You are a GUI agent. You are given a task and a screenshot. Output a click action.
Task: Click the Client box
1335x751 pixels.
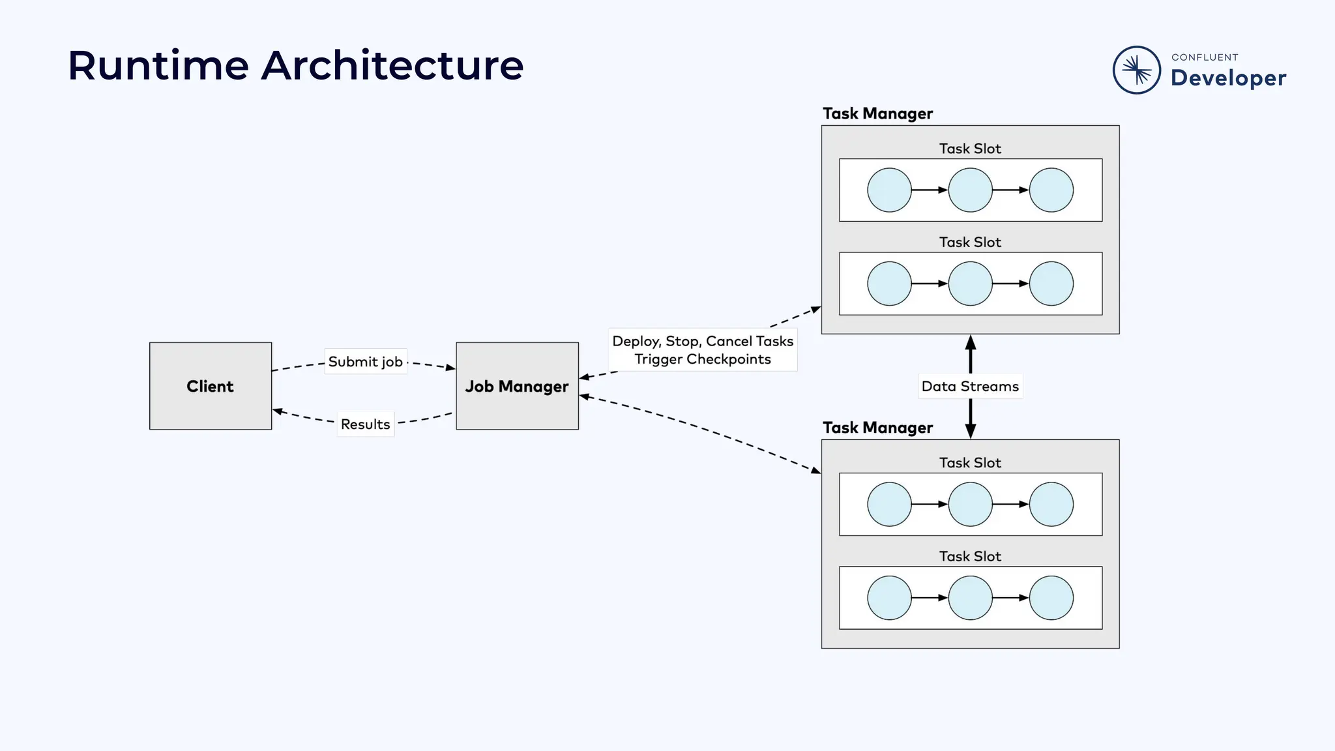pos(210,386)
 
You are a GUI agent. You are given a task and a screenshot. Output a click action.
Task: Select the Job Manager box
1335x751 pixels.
pos(517,386)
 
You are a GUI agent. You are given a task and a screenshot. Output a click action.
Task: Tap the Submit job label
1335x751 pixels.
pos(365,362)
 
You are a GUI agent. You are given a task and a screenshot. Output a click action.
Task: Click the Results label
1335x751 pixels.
pos(365,424)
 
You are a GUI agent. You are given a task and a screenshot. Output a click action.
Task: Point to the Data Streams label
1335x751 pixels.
pos(970,386)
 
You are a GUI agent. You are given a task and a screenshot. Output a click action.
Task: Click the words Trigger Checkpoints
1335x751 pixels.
pos(703,359)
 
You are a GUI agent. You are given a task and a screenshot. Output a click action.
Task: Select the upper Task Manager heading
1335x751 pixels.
pos(877,113)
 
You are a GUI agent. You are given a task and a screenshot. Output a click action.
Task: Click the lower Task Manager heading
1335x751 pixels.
pos(877,428)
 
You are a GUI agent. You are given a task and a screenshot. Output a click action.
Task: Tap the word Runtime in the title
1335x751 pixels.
pos(158,66)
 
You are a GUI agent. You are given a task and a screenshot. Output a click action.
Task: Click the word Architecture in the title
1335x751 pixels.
pos(392,66)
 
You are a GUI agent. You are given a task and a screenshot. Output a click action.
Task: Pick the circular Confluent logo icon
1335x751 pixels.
pos(1137,70)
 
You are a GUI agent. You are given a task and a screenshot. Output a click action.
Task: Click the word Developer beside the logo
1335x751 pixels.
pos(1228,78)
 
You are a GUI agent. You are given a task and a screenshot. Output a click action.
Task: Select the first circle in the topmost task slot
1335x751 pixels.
pos(889,190)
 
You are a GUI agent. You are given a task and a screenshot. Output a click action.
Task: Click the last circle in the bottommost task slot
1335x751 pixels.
pos(1051,598)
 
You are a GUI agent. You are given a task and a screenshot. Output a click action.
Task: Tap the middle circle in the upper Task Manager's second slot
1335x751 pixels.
pos(970,284)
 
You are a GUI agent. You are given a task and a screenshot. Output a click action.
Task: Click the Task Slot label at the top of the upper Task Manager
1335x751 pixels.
pos(970,149)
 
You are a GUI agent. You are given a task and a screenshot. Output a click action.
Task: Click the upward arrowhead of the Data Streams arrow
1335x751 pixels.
pos(970,342)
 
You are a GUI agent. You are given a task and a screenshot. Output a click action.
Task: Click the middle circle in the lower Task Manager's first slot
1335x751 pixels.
pos(970,505)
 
